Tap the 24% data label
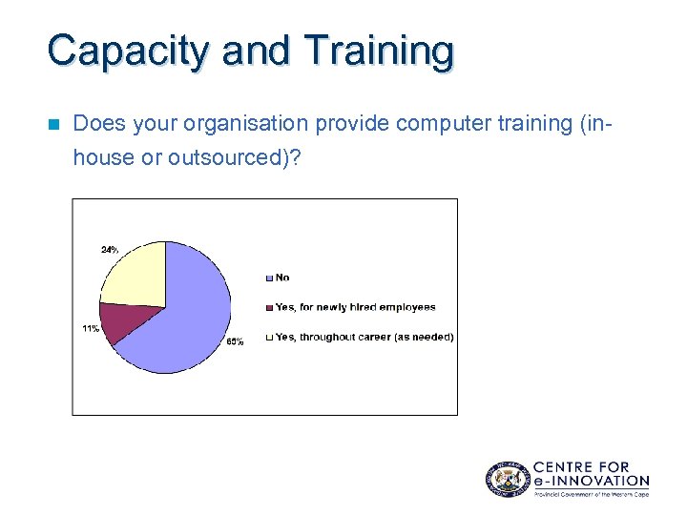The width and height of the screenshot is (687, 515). pos(110,250)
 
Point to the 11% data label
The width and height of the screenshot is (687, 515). pos(90,329)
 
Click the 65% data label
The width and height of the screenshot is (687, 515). pos(234,341)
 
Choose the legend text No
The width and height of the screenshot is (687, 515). pos(282,278)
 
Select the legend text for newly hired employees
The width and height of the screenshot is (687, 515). pos(355,307)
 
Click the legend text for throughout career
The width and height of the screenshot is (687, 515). pos(364,337)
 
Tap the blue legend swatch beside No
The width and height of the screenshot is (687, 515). pos(270,278)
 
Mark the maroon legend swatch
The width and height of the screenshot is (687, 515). pos(270,307)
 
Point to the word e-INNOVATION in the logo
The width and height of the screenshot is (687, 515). pos(591,481)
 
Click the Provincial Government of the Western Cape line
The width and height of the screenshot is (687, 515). pos(591,494)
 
